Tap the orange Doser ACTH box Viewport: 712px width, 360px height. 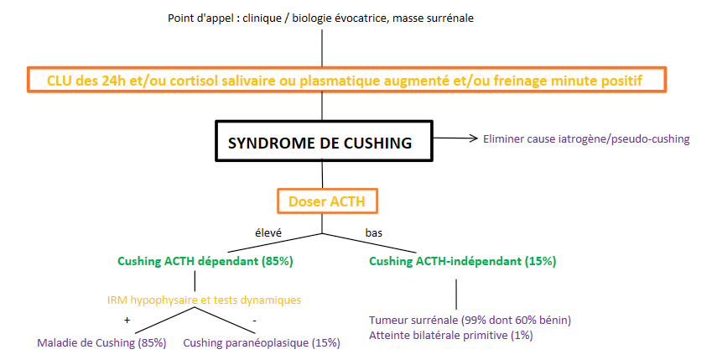click(x=327, y=201)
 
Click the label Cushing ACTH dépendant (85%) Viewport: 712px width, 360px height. click(x=205, y=261)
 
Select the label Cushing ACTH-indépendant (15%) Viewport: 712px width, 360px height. click(x=462, y=261)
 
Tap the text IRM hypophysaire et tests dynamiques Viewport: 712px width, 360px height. click(x=204, y=299)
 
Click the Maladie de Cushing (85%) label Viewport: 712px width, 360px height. click(x=102, y=342)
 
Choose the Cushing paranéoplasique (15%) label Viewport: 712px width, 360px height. click(x=262, y=342)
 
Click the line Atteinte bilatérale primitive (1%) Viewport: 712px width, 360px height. click(x=450, y=335)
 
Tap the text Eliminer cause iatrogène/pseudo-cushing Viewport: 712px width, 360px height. click(x=586, y=138)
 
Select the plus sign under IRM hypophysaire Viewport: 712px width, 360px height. click(x=128, y=319)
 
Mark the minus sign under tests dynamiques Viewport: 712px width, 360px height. click(x=254, y=319)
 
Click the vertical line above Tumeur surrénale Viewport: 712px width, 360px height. click(x=456, y=293)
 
